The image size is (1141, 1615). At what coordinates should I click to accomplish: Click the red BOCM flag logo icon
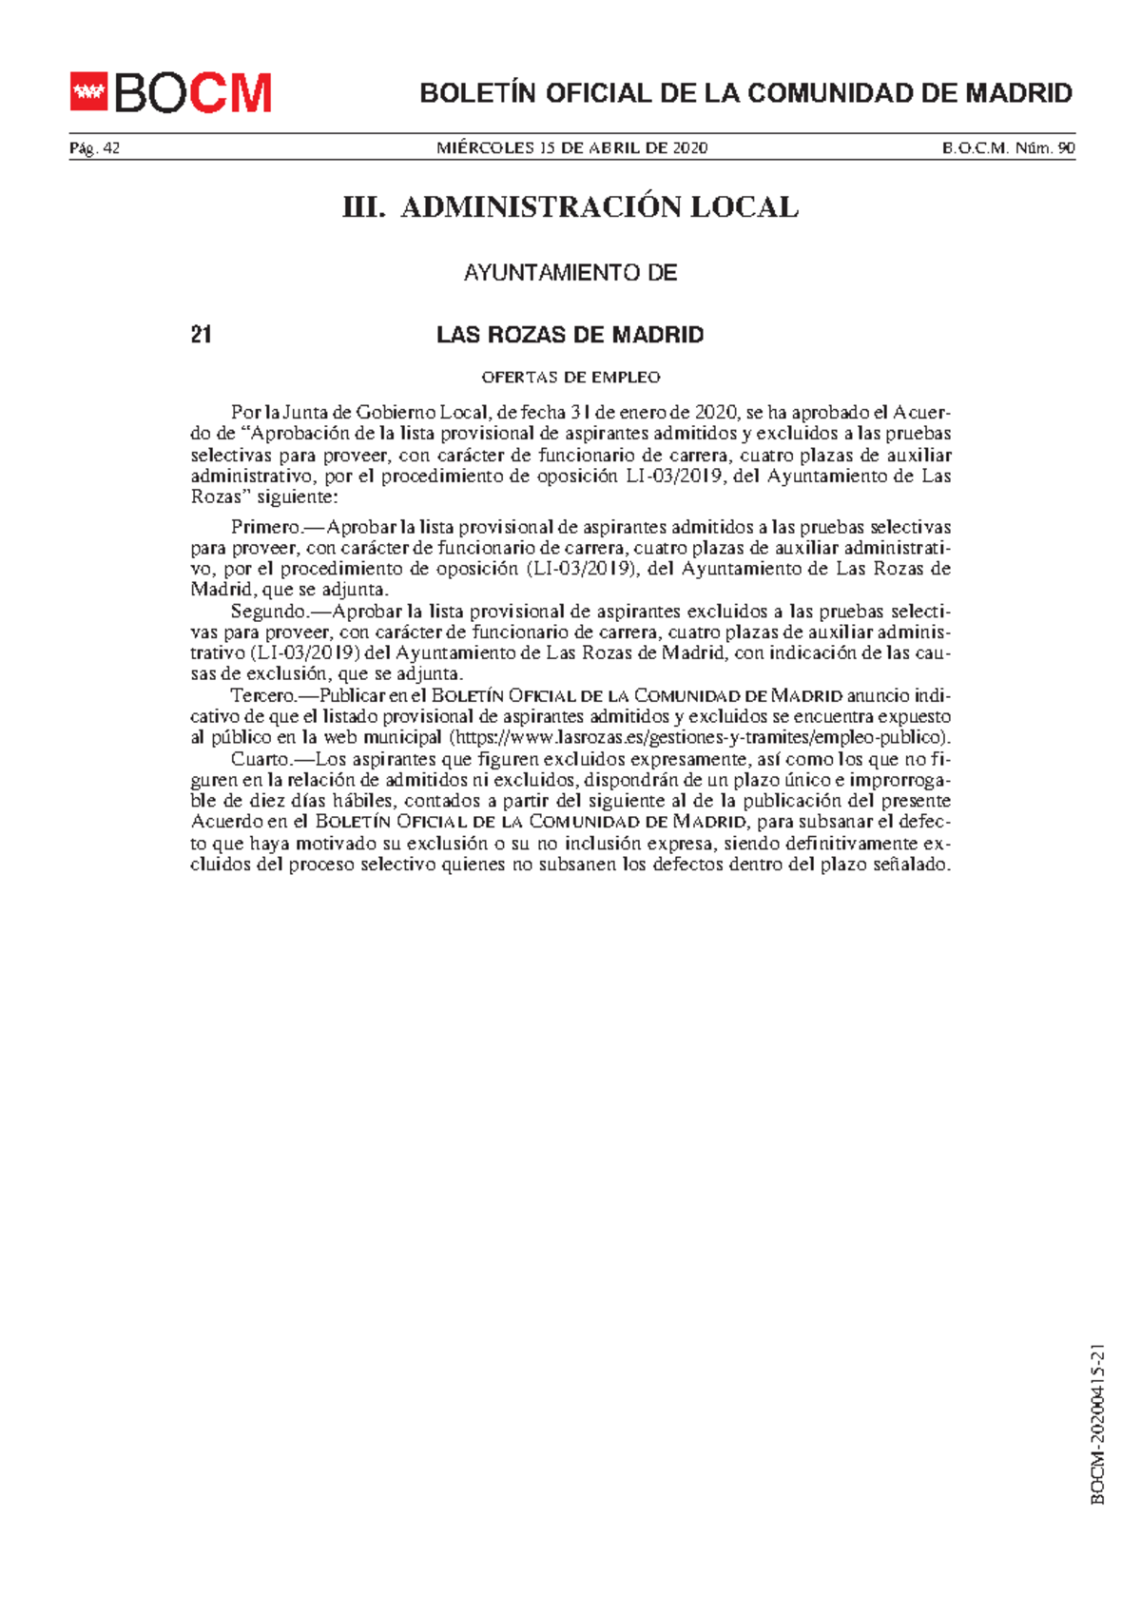click(x=89, y=92)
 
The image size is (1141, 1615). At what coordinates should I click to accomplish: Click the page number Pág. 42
click(x=94, y=147)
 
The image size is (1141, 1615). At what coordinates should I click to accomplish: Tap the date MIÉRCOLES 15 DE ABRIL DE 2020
click(x=571, y=147)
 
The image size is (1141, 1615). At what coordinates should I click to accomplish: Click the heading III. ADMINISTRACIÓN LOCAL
click(x=570, y=207)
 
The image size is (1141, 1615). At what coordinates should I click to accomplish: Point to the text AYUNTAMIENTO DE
click(x=570, y=273)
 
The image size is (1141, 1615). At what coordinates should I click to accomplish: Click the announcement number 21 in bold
click(x=201, y=335)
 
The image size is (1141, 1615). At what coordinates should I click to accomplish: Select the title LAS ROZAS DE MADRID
click(x=570, y=335)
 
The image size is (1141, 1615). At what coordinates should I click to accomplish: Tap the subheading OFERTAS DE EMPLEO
click(x=570, y=378)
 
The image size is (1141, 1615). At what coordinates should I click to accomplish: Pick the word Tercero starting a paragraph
click(x=263, y=695)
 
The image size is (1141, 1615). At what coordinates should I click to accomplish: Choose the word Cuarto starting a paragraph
click(x=260, y=759)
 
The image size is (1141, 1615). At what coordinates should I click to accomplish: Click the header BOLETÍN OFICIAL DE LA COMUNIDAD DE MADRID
click(x=745, y=93)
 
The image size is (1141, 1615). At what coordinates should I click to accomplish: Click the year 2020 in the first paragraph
click(x=716, y=413)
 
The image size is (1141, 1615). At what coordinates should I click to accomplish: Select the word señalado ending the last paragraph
click(x=911, y=865)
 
